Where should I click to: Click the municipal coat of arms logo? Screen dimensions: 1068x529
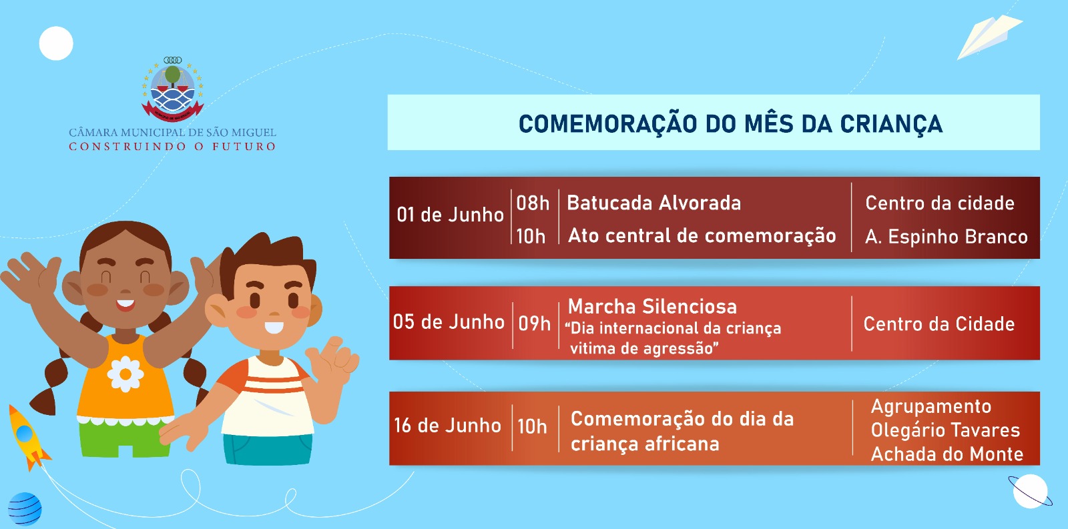point(173,89)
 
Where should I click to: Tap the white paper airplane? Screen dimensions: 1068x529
point(989,36)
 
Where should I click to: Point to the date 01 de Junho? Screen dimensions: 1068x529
point(450,215)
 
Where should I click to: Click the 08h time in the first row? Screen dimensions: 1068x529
point(533,203)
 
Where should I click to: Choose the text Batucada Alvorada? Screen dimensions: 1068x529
point(653,203)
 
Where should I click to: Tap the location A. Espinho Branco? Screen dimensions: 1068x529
point(947,236)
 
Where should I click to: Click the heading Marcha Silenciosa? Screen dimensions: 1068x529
point(652,306)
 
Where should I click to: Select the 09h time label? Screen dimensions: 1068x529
point(535,324)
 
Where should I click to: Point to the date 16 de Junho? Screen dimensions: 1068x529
point(447,426)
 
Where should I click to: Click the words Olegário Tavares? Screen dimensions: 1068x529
point(945,430)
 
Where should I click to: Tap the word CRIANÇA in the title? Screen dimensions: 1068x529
point(891,124)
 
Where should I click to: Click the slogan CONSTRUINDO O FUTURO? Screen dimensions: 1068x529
point(172,146)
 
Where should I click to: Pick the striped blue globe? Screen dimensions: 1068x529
point(24,508)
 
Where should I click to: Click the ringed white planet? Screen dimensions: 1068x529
point(1030,492)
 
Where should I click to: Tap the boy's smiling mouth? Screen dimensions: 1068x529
point(274,328)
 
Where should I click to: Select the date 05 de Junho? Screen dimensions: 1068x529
point(448,322)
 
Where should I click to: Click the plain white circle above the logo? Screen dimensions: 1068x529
point(56,43)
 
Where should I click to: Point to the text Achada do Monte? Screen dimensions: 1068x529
point(947,454)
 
